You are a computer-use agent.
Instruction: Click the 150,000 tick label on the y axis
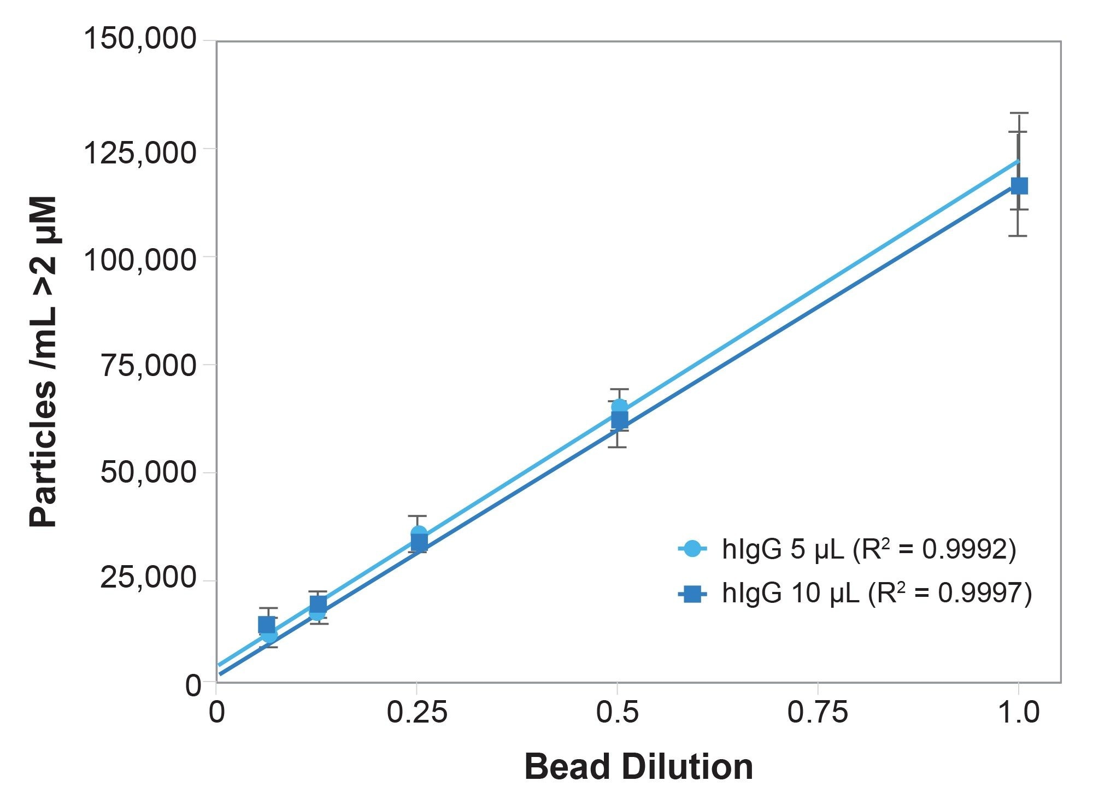point(139,39)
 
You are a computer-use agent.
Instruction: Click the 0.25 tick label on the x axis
point(417,713)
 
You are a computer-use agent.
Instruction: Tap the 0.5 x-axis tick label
point(618,713)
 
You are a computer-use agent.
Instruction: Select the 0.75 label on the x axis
point(818,713)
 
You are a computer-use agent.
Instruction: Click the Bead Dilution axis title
point(638,767)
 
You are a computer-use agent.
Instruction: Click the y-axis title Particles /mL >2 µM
point(43,362)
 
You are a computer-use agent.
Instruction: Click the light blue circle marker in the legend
point(692,549)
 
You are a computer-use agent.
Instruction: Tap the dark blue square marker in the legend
point(692,594)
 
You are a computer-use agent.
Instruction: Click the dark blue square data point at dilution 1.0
point(1019,186)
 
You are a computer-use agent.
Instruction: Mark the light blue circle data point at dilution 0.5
point(619,407)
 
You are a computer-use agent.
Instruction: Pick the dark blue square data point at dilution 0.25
point(419,542)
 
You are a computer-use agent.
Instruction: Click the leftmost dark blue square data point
point(266,625)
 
